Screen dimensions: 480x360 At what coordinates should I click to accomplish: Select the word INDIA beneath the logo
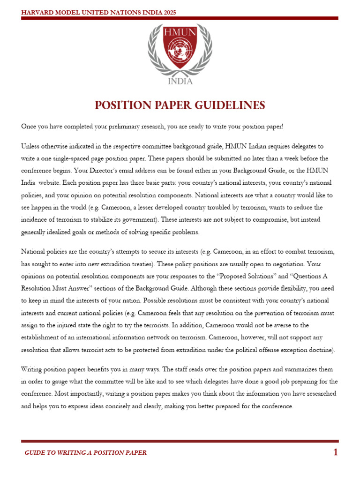click(x=180, y=81)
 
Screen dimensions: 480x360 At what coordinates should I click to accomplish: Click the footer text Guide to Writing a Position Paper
click(x=85, y=453)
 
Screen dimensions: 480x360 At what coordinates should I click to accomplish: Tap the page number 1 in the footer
click(x=335, y=452)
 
